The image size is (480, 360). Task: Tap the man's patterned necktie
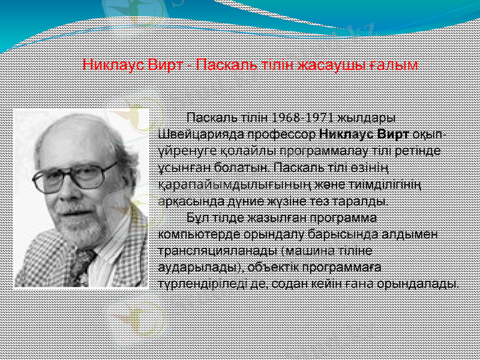pos(84,264)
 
